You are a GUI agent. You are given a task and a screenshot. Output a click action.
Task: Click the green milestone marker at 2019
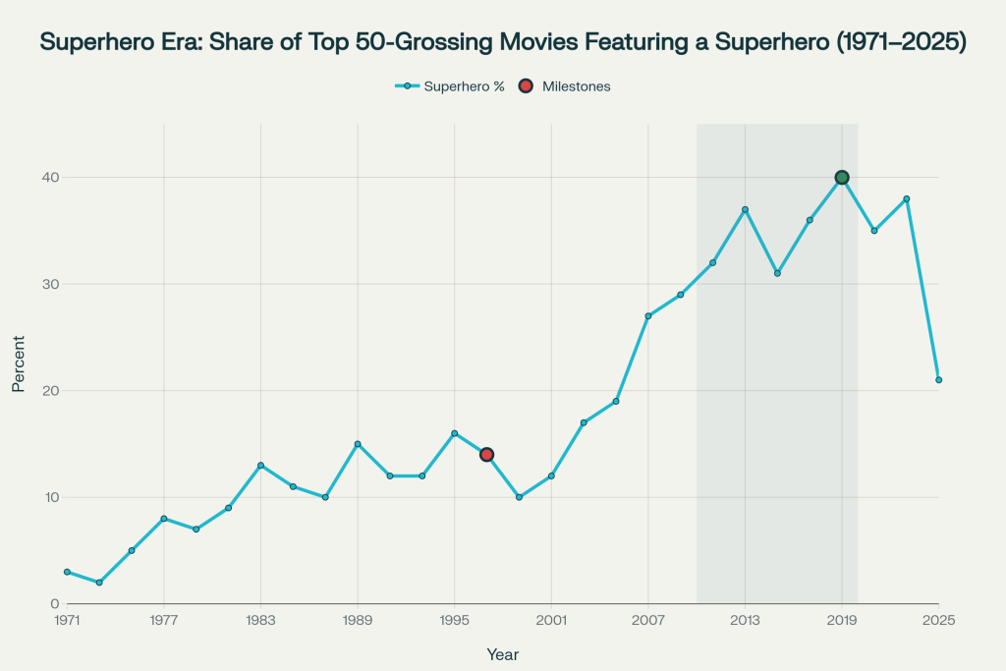(842, 178)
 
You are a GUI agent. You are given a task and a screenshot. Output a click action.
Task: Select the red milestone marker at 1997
(486, 455)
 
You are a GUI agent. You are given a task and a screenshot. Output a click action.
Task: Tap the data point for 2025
(938, 380)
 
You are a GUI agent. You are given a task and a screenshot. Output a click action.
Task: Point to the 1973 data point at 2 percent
(99, 583)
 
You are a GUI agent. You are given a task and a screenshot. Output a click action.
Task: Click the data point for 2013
(745, 209)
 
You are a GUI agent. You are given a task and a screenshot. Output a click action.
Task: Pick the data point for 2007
(648, 316)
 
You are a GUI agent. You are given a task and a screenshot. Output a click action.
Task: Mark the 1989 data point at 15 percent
(358, 444)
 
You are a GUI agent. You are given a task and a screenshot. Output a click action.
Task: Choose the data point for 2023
(907, 199)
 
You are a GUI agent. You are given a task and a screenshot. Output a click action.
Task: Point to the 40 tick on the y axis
(49, 178)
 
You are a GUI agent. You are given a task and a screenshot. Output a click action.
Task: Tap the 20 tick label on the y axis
(49, 391)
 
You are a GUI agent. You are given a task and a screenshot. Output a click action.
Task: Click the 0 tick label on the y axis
(54, 604)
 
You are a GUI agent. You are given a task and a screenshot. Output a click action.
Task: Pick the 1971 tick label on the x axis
(67, 620)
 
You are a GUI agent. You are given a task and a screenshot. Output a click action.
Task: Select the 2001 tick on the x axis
(551, 620)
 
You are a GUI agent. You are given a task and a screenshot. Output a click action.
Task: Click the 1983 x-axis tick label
(260, 620)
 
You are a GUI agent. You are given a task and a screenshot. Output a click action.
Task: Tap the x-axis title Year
(503, 654)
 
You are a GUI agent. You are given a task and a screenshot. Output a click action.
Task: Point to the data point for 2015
(777, 273)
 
